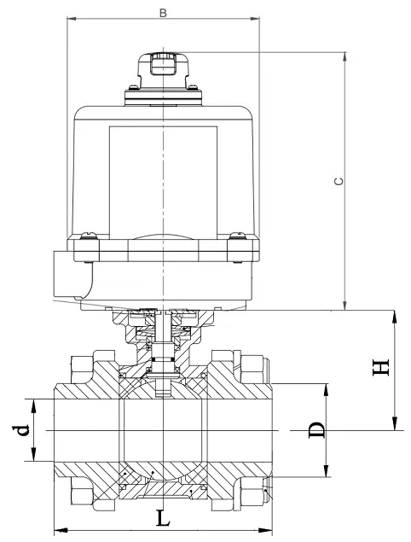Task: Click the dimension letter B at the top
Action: [x=162, y=12]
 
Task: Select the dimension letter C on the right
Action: [x=337, y=182]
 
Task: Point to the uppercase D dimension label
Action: [x=316, y=429]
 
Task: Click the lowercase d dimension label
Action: [x=23, y=429]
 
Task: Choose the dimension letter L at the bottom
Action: [x=163, y=517]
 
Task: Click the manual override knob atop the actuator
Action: [x=161, y=67]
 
